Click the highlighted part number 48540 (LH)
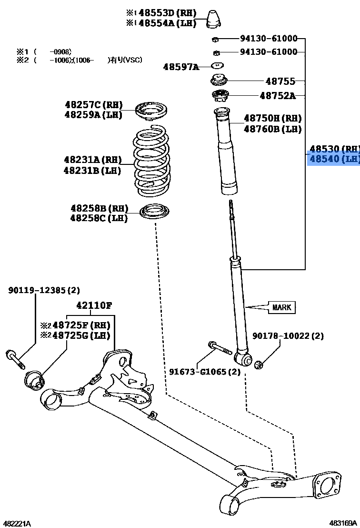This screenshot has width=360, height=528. [x=333, y=159]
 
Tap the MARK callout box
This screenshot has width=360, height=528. [x=281, y=307]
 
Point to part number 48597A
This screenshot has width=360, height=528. [x=181, y=67]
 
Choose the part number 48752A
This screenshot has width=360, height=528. [x=277, y=96]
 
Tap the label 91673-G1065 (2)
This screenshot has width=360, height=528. [x=205, y=372]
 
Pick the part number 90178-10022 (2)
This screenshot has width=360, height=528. [x=294, y=336]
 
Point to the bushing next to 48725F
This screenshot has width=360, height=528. [x=34, y=379]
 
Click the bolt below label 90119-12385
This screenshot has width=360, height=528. [x=15, y=358]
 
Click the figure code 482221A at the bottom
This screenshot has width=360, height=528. [x=17, y=523]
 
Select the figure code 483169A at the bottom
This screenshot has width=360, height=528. [x=344, y=523]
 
